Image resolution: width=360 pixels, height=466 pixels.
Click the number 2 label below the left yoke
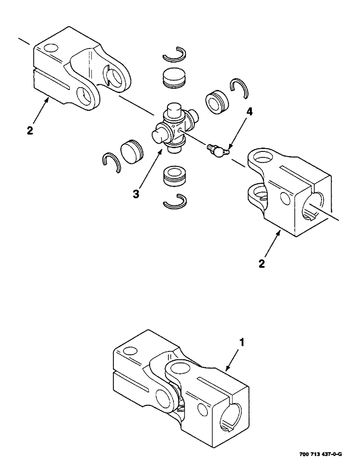pyautogui.click(x=30, y=131)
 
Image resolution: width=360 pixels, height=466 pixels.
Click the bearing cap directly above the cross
pyautogui.click(x=174, y=77)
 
